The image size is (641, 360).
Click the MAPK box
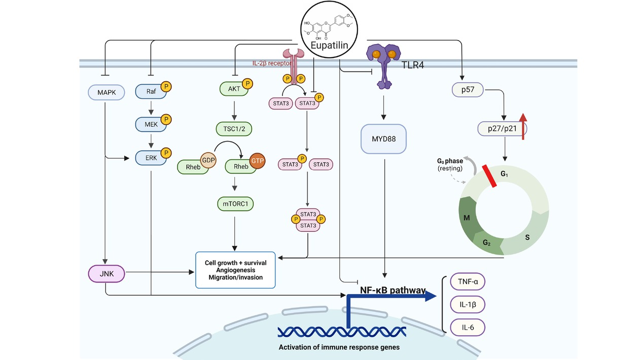[106, 92]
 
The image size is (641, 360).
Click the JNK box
[106, 275]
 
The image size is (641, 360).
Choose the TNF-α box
[467, 282]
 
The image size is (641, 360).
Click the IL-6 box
[467, 327]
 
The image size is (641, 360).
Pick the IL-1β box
[467, 304]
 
